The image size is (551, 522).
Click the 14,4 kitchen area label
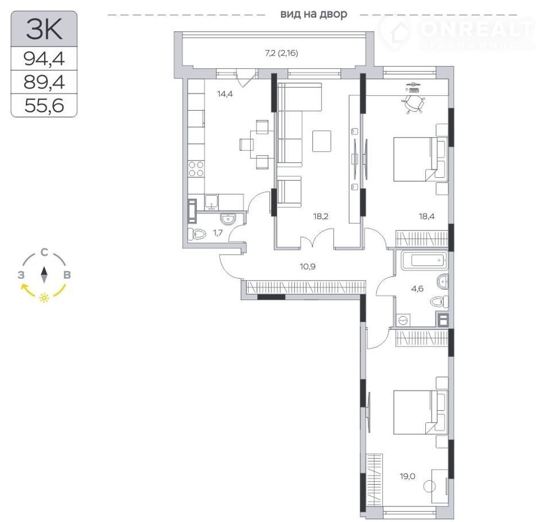point(225,94)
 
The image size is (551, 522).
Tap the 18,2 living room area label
point(320,216)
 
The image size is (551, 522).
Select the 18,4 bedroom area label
point(426,216)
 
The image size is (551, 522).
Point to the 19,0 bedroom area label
point(408,476)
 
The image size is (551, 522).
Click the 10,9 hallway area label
point(308,266)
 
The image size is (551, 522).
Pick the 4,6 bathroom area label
point(417,289)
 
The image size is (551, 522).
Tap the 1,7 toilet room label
point(218,232)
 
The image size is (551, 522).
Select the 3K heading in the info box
point(44,29)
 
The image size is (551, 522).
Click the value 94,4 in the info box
point(44,59)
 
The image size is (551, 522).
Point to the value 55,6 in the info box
point(44,105)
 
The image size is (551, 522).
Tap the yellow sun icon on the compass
point(44,298)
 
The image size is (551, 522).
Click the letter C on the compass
point(44,252)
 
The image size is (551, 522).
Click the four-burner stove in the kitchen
point(196,169)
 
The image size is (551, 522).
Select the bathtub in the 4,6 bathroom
point(424,260)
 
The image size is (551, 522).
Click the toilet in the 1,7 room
point(196,234)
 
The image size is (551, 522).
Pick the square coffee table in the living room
point(321,141)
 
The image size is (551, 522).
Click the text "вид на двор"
point(313,14)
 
